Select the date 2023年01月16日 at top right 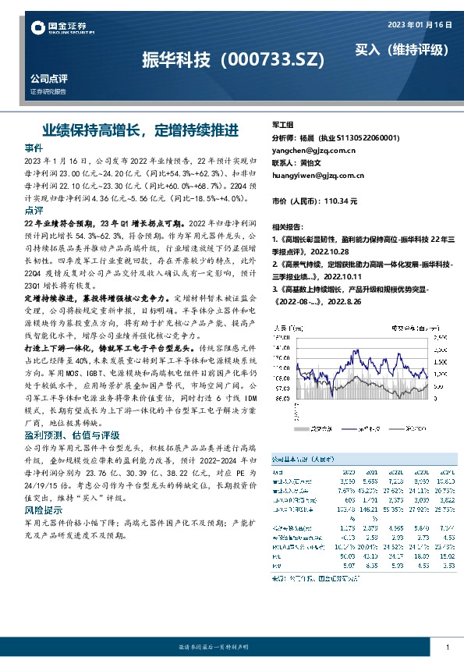pos(420,25)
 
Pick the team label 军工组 pos(282,125)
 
